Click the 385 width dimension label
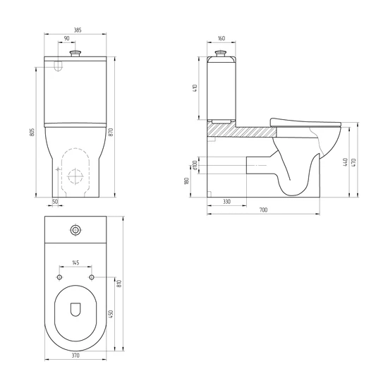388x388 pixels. [x=78, y=30]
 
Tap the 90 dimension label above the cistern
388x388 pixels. [x=66, y=38]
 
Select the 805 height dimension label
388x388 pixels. [x=32, y=132]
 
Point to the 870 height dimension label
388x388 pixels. [x=111, y=132]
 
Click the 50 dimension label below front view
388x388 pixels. [x=55, y=202]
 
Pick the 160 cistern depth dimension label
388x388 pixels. [x=222, y=38]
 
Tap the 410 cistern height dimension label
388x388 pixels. [x=195, y=88]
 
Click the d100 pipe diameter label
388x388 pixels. [x=195, y=165]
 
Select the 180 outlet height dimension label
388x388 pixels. [x=186, y=181]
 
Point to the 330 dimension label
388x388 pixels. [x=226, y=202]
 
